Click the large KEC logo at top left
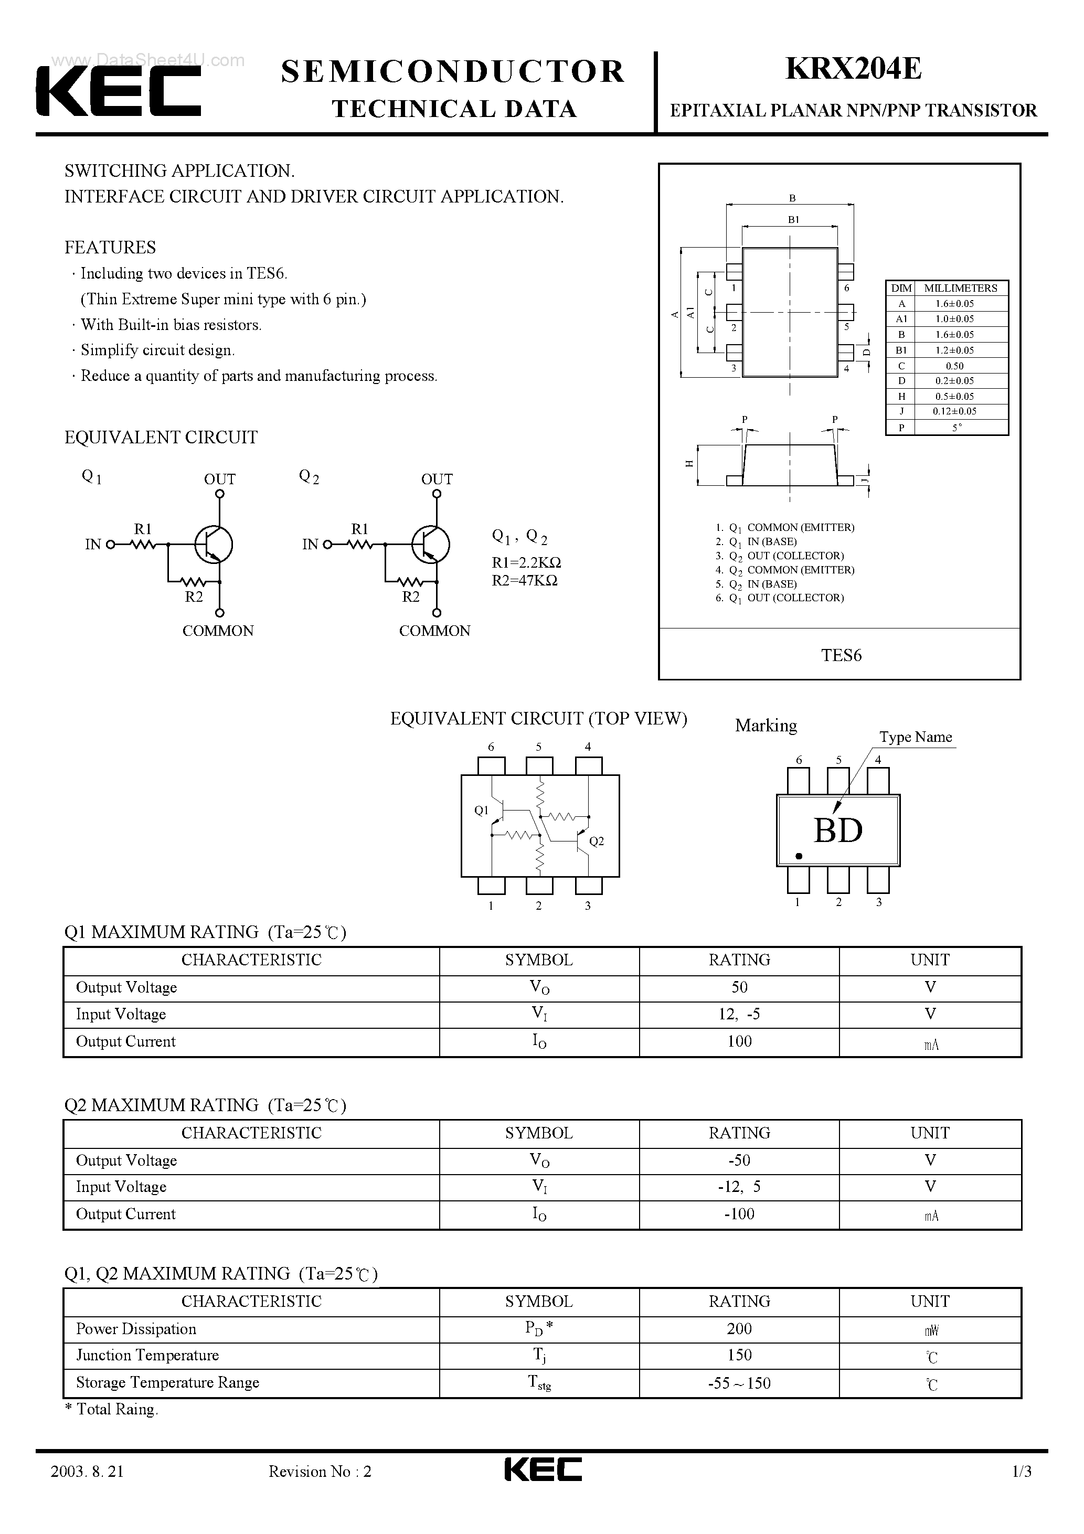(x=118, y=91)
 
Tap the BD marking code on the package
(x=838, y=830)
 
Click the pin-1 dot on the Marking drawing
(x=799, y=856)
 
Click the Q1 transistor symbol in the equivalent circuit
(x=213, y=544)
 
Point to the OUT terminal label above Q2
(x=437, y=479)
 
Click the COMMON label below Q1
(x=218, y=631)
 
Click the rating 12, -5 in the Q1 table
(x=739, y=1014)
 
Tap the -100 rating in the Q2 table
(x=739, y=1214)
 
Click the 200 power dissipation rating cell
(x=739, y=1329)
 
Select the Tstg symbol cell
(x=539, y=1383)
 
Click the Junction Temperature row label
(x=147, y=1355)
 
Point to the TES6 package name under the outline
(x=841, y=655)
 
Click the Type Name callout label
(x=915, y=737)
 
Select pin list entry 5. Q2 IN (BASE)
(x=756, y=584)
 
